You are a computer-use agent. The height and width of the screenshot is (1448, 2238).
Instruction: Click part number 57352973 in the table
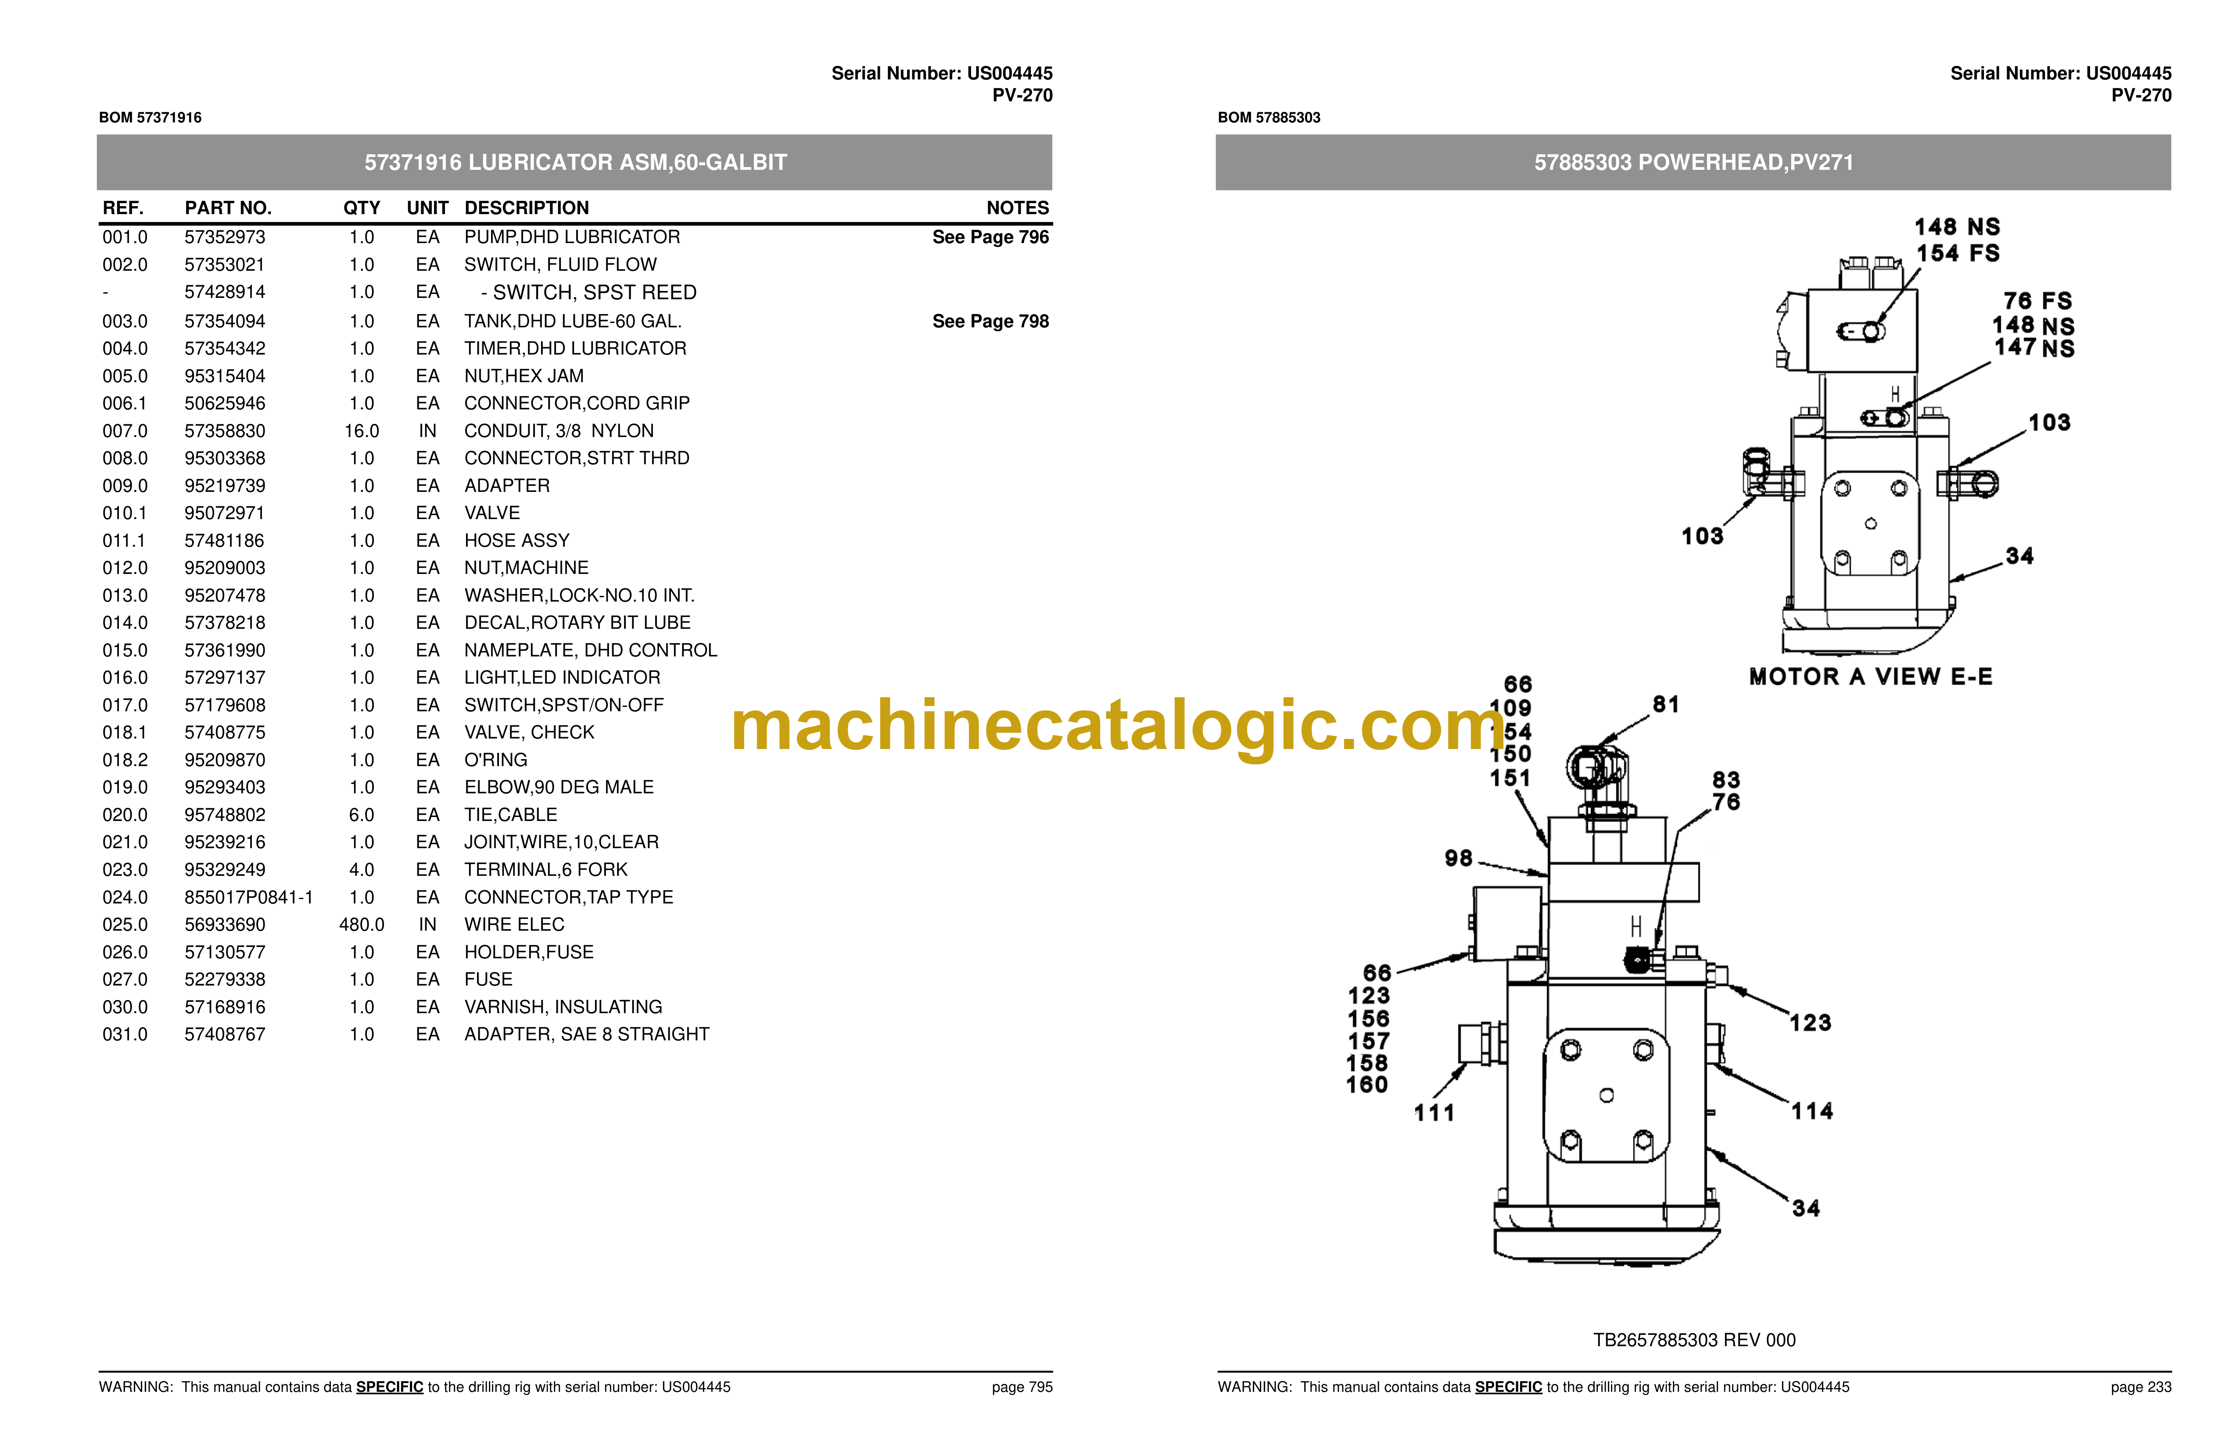click(225, 237)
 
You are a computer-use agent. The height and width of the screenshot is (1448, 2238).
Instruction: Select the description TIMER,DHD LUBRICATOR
click(575, 349)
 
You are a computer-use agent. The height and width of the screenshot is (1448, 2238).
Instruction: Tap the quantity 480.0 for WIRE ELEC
click(362, 925)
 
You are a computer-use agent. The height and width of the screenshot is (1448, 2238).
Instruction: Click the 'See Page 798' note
click(990, 322)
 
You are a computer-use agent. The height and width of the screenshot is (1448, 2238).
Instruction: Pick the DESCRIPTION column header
click(527, 208)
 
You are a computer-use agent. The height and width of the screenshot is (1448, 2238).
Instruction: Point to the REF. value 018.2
click(125, 760)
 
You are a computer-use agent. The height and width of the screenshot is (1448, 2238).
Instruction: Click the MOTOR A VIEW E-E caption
click(1870, 677)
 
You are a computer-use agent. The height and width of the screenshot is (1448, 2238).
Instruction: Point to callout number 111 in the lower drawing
click(1434, 1113)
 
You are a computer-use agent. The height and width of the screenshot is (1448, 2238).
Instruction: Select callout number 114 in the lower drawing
click(1812, 1111)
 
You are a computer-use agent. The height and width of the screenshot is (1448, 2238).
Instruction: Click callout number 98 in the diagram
click(1459, 858)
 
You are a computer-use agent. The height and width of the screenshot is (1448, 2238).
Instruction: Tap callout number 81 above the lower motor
click(1665, 704)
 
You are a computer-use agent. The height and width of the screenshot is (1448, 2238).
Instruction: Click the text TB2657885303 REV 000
click(1694, 1340)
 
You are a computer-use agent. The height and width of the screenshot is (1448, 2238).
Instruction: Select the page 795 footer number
click(1022, 1387)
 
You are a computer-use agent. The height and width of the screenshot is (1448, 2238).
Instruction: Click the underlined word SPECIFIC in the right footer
click(1508, 1387)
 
